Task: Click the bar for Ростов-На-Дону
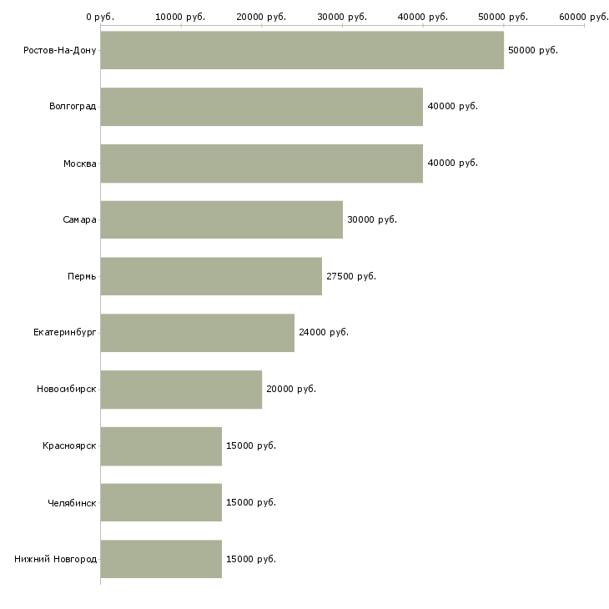pyautogui.click(x=302, y=50)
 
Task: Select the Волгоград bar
pyautogui.click(x=261, y=107)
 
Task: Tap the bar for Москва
pyautogui.click(x=261, y=164)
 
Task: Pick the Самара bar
pyautogui.click(x=221, y=219)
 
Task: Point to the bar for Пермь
pyautogui.click(x=211, y=276)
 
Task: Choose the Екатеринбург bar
pyautogui.click(x=197, y=333)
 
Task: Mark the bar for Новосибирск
pyautogui.click(x=181, y=390)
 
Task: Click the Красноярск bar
pyautogui.click(x=161, y=446)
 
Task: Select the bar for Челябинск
pyautogui.click(x=161, y=502)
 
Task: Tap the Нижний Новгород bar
pyautogui.click(x=161, y=559)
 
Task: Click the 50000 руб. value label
pyautogui.click(x=532, y=50)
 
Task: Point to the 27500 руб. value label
pyautogui.click(x=350, y=276)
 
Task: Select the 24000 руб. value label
pyautogui.click(x=323, y=333)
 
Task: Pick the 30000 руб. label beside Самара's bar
pyautogui.click(x=371, y=219)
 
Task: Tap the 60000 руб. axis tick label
pyautogui.click(x=584, y=17)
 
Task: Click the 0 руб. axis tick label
pyautogui.click(x=100, y=17)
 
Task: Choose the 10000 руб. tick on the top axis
pyautogui.click(x=180, y=17)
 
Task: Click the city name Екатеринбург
pyautogui.click(x=65, y=333)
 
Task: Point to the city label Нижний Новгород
pyautogui.click(x=55, y=559)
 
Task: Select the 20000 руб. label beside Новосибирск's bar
pyautogui.click(x=290, y=390)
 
